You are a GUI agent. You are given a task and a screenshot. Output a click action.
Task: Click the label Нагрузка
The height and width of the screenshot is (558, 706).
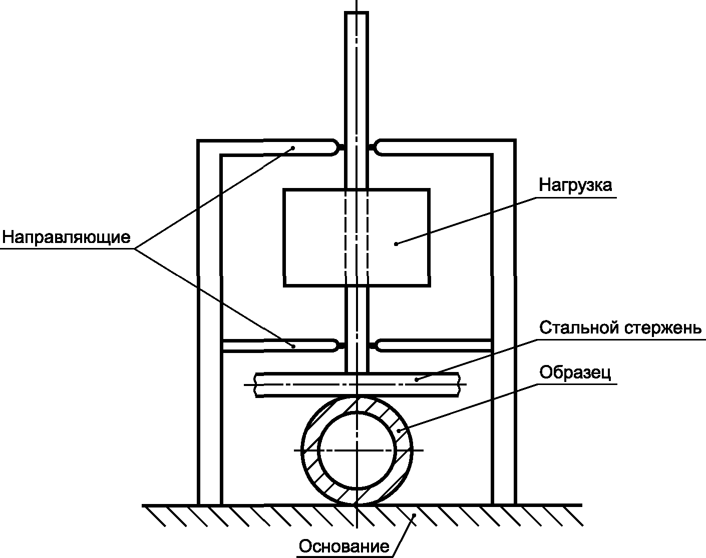575,185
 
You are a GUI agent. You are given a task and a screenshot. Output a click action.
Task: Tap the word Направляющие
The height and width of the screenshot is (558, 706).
67,236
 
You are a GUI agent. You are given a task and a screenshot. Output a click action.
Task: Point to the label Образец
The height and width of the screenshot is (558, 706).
575,372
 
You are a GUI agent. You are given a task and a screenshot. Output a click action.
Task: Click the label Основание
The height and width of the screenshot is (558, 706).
343,546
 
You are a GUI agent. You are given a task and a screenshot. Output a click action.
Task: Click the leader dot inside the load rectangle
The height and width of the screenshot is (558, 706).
396,243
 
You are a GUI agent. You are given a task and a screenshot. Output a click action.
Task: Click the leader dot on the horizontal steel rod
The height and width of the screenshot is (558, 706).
416,379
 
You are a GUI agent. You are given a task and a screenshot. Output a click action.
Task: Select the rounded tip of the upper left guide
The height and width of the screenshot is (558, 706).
334,147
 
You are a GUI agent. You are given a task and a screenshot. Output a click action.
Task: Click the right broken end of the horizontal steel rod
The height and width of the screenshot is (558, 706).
458,385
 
